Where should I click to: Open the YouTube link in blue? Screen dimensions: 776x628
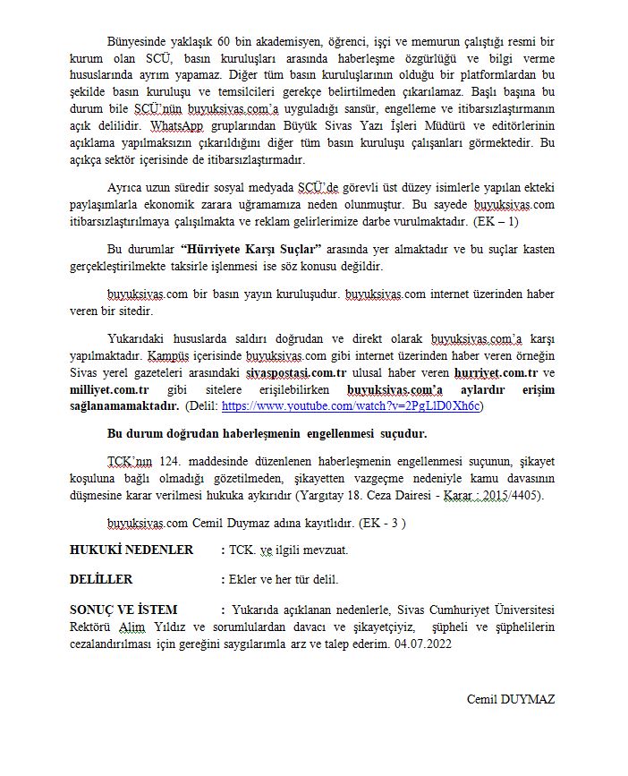(x=352, y=405)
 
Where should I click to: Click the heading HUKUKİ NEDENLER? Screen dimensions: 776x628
(x=131, y=550)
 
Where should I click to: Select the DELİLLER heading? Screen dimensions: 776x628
(x=101, y=579)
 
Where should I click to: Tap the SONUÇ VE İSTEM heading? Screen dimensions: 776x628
(x=123, y=609)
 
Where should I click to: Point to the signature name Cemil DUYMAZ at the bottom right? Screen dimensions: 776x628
(x=510, y=699)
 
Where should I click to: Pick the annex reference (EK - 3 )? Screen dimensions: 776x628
(x=380, y=523)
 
